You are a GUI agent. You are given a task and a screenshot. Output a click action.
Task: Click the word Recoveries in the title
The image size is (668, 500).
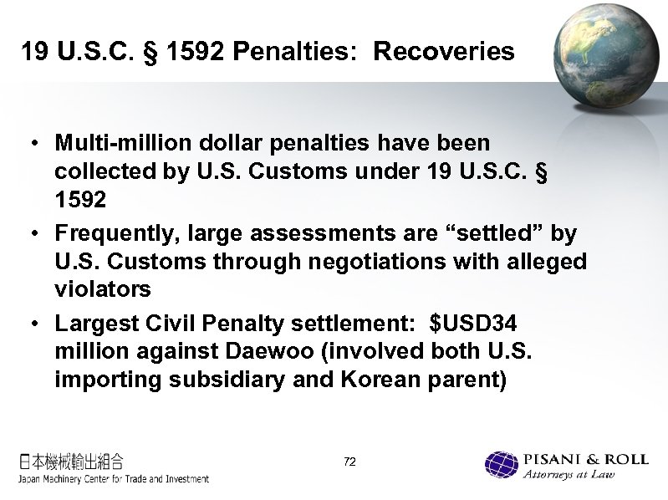coord(444,52)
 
